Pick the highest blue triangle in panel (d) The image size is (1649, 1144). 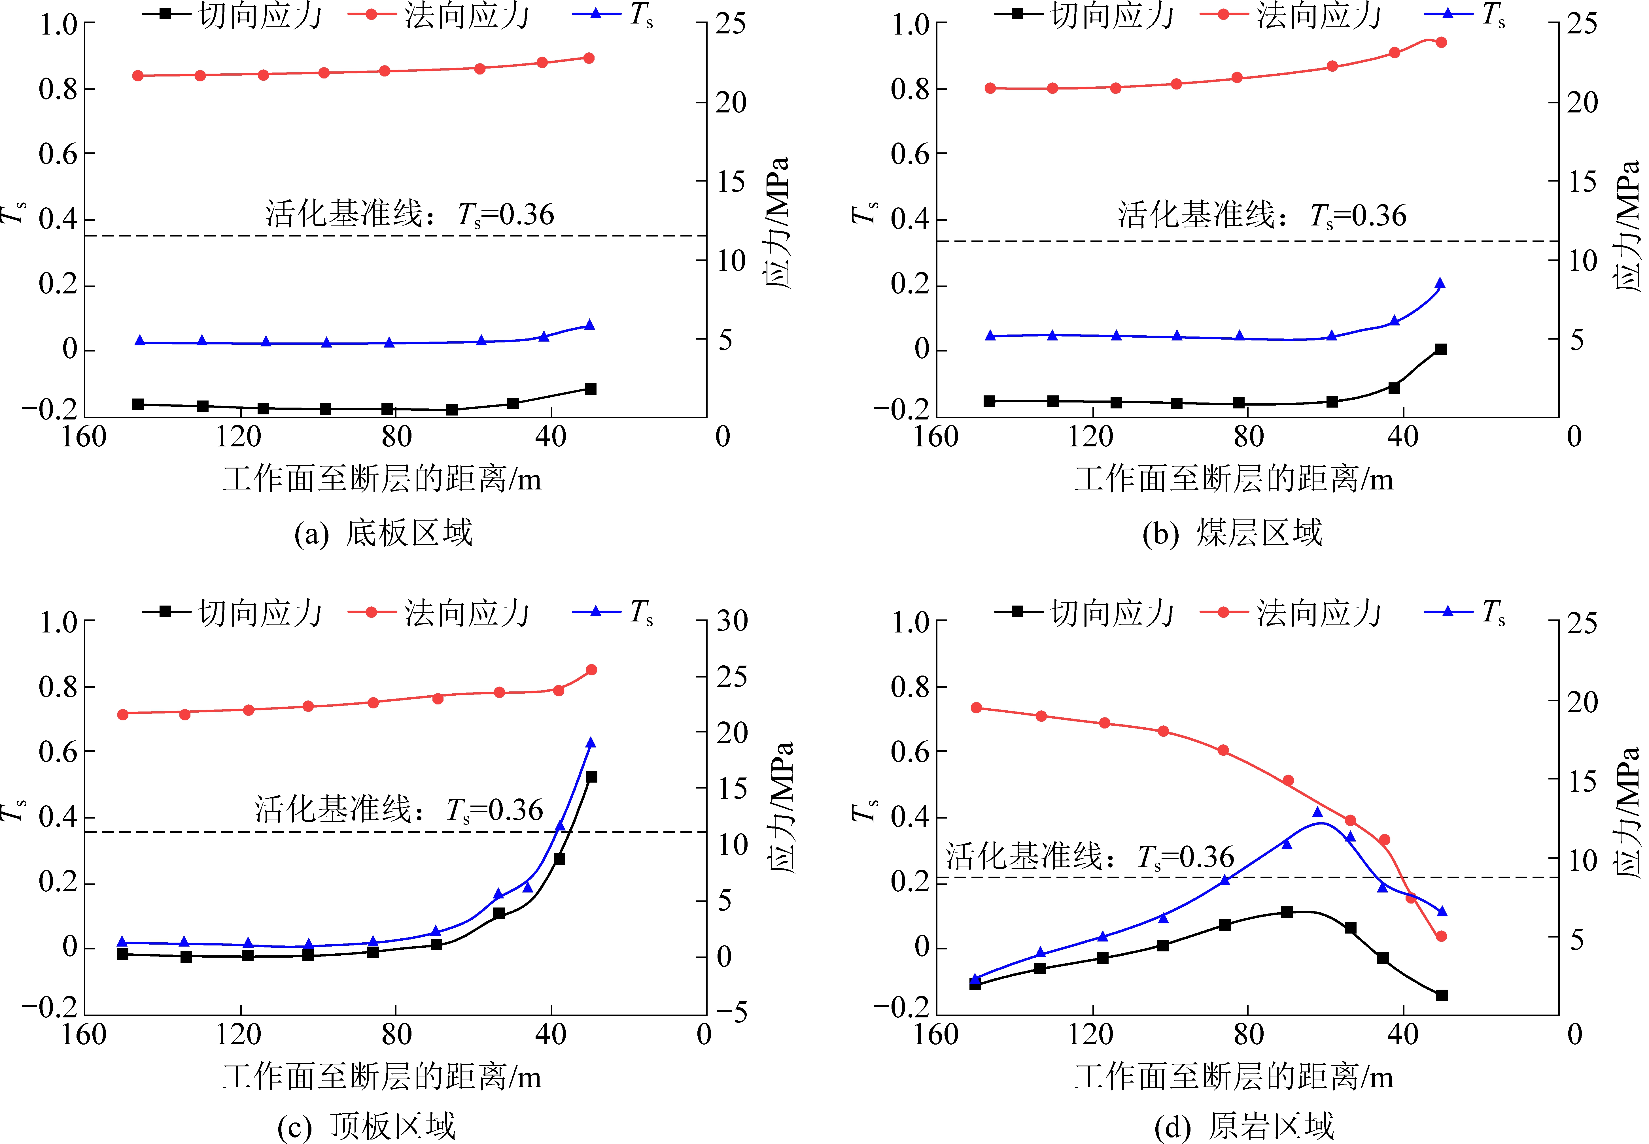tap(1317, 812)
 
